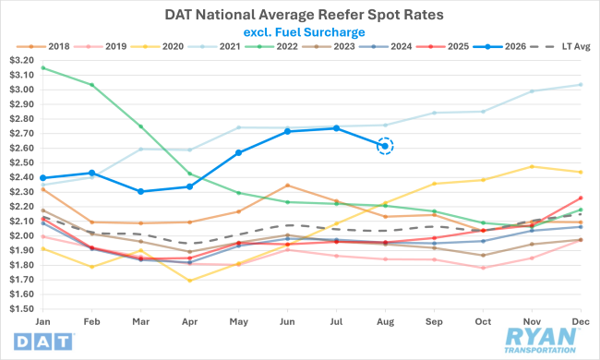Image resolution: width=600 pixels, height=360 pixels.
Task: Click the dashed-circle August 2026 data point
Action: pos(385,146)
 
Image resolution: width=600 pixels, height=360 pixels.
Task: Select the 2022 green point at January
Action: pos(42,67)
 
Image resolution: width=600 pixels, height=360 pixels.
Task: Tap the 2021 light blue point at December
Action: pos(581,85)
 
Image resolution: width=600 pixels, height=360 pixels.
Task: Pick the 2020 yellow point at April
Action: pos(190,281)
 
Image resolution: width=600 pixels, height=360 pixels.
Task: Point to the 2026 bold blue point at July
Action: pos(336,128)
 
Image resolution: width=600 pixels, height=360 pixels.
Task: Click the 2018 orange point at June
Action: pos(288,186)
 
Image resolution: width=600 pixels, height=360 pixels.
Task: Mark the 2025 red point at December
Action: pos(581,198)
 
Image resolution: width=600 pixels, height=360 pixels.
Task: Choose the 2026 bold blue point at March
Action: pos(141,191)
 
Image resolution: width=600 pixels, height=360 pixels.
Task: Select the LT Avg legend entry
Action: pos(561,47)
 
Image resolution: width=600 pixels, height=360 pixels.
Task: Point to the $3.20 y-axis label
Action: pos(21,60)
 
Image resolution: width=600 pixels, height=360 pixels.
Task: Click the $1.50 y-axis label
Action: pos(21,308)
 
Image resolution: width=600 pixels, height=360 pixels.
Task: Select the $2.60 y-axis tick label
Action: pos(21,148)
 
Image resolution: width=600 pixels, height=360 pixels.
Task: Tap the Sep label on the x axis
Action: pos(434,322)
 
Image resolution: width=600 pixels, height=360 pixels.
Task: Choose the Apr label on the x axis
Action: pos(190,322)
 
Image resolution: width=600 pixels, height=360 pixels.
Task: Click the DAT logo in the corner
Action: pos(43,342)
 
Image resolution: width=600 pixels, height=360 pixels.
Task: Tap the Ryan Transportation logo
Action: pos(540,341)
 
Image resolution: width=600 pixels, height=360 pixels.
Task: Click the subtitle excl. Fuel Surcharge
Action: pos(305,32)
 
